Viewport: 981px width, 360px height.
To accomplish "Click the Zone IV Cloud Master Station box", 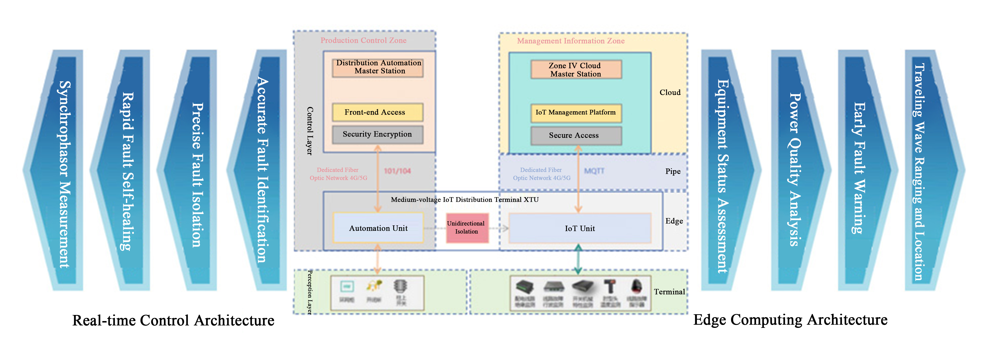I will coord(576,70).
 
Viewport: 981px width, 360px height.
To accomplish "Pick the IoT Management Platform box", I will coord(576,113).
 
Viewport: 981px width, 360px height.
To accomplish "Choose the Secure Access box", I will coord(576,136).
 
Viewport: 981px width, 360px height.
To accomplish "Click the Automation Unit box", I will coord(378,228).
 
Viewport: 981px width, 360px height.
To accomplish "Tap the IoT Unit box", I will coord(580,228).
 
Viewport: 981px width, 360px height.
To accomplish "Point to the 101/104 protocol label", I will coord(397,171).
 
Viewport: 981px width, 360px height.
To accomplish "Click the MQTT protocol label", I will coord(594,171).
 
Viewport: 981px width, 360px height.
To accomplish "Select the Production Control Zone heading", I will coord(363,40).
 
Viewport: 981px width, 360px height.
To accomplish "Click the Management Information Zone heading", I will coord(570,41).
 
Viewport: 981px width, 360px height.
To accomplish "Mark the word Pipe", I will coord(673,171).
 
